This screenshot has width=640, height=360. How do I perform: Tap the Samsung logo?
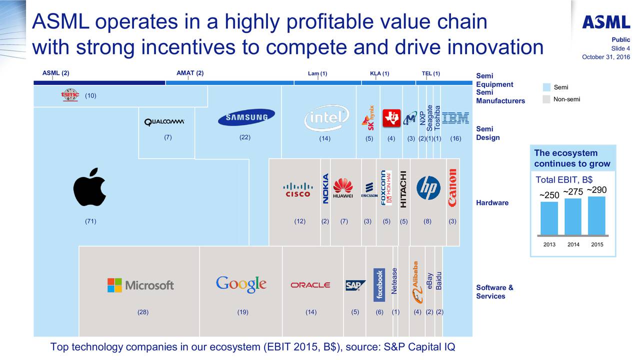click(246, 117)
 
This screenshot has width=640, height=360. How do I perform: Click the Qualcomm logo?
click(164, 122)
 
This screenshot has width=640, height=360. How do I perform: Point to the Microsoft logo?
click(140, 285)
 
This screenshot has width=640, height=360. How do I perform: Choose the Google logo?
click(241, 284)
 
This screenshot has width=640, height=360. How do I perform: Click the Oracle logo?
click(310, 285)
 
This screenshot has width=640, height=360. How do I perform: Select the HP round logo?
click(428, 188)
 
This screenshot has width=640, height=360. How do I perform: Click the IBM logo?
click(455, 118)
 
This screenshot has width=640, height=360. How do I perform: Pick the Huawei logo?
click(343, 188)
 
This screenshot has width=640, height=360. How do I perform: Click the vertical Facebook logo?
click(379, 285)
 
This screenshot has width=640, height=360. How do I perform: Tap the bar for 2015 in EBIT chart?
click(596, 215)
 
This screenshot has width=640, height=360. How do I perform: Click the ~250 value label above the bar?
click(549, 195)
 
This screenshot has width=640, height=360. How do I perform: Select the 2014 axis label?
click(573, 244)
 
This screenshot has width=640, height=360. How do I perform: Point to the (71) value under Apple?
click(90, 221)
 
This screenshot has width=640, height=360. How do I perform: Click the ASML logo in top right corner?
click(605, 22)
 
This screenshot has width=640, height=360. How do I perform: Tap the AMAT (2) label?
click(190, 73)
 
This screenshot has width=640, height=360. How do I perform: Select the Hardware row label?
click(492, 203)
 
